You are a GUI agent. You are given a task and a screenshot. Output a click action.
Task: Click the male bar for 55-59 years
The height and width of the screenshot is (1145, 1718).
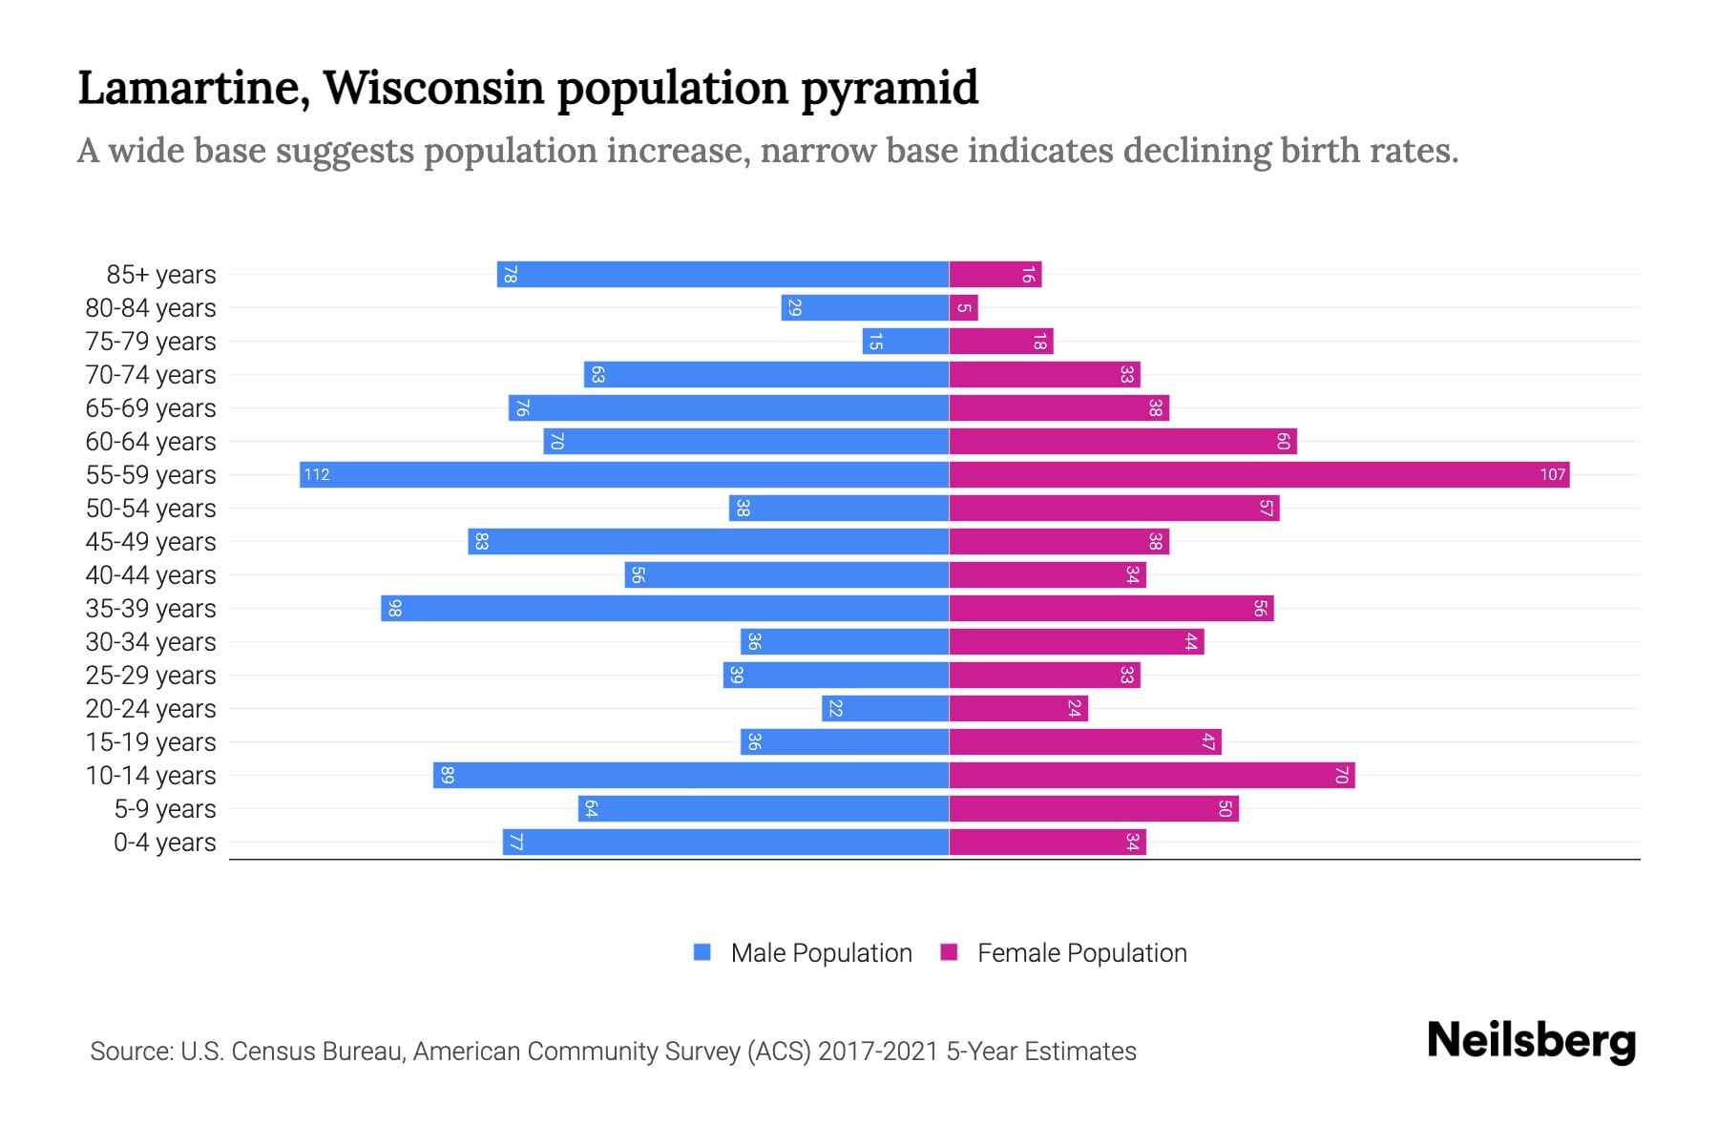coord(624,474)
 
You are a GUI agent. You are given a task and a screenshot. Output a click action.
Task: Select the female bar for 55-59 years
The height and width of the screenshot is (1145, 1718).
coord(1259,474)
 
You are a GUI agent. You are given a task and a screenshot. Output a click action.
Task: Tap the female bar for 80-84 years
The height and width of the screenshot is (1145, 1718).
coord(964,307)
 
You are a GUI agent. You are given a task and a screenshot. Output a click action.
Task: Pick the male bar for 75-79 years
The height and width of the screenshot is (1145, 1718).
coord(906,341)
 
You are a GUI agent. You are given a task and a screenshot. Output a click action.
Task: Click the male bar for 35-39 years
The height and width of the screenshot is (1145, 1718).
coord(665,608)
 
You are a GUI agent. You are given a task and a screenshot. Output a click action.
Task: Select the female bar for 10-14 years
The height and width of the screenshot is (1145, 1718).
coord(1152,775)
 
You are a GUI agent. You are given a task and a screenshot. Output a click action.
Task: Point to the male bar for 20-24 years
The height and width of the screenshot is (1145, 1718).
coord(886,708)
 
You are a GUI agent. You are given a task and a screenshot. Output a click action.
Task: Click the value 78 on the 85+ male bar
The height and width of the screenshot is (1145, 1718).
coord(511,274)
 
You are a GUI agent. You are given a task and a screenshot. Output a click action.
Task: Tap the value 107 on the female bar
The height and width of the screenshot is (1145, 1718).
coord(1552,474)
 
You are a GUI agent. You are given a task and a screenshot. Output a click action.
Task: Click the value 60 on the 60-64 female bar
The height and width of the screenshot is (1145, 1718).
coord(1283,441)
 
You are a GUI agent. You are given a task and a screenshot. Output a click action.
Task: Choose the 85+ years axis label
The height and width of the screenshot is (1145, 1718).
coord(161,275)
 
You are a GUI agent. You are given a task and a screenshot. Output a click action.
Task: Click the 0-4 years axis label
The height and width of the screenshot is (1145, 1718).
coord(164,843)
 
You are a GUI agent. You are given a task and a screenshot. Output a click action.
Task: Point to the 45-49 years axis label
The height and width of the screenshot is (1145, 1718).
coord(151,542)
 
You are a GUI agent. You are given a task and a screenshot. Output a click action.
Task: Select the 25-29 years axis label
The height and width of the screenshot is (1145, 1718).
coord(151,676)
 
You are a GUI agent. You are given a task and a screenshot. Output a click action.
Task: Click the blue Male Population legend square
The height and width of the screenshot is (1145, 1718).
coord(702,952)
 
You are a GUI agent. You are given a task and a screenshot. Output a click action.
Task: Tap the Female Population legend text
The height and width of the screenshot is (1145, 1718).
coord(1081,952)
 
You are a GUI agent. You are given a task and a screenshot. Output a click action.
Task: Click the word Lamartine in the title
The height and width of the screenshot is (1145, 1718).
coord(191,88)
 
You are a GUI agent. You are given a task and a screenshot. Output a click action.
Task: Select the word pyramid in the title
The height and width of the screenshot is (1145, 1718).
coord(890,88)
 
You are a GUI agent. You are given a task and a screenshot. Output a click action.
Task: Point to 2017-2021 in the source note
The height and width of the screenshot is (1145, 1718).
coord(878,1051)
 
